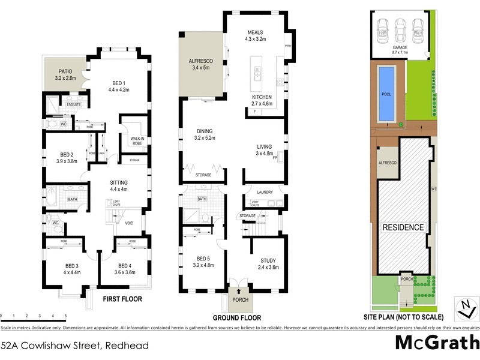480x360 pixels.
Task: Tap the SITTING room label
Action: (x=118, y=182)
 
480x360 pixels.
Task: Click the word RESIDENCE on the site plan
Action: (x=403, y=228)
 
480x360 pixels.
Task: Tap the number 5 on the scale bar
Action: (x=65, y=316)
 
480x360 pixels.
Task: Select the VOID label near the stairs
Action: (x=129, y=224)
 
